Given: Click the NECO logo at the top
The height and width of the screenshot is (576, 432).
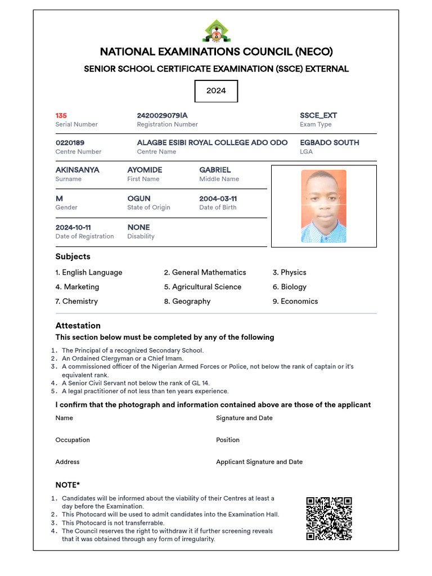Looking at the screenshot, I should pos(216,32).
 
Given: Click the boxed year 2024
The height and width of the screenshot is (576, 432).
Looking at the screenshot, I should pos(216,91).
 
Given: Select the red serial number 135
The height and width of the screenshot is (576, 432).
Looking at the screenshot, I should pos(61,115).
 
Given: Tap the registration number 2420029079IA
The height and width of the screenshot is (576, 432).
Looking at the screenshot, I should pos(163,115).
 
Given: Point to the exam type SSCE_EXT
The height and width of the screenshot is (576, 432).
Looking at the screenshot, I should pos(318,115).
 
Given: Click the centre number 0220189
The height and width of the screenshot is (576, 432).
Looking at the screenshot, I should pos(70,142).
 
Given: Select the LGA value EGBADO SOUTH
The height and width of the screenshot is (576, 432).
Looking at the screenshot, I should pos(329,142).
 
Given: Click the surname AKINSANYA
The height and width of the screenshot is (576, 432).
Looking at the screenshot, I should pos(78,169).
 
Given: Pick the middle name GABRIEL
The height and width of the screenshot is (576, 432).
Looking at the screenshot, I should pos(215,169).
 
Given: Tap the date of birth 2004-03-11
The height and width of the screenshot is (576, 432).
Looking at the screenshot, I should pos(218,199).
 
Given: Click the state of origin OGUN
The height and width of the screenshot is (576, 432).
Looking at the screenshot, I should pos(139,199).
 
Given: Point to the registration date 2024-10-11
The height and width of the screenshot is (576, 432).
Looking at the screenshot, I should pos(73,227).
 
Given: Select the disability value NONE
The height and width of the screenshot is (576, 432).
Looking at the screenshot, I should pos(139,227).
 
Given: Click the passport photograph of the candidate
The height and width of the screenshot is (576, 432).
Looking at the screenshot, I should pos(323,206).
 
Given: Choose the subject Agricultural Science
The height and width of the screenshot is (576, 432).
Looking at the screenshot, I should pos(202,287).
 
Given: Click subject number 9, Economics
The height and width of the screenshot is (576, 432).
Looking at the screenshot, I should pos(295,301).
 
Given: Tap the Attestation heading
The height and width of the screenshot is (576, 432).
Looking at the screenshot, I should pos(78,326).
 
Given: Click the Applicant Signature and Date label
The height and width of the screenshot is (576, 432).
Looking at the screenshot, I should pos(259,462).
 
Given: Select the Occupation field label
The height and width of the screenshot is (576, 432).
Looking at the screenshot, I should pos(73,440).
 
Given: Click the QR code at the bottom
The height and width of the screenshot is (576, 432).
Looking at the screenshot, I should pos(329,519).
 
